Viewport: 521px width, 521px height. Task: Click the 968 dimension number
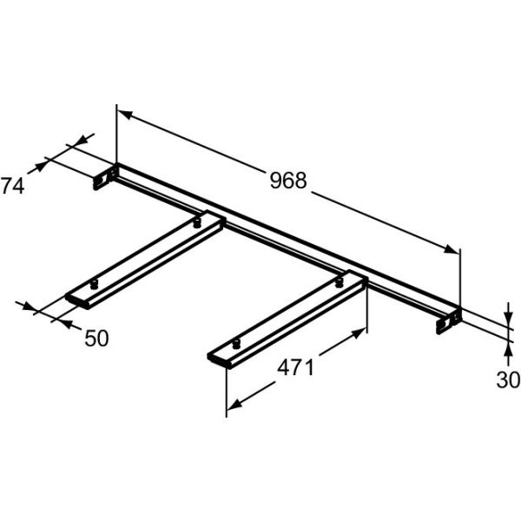pyautogui.click(x=288, y=181)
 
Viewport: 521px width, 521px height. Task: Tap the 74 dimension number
pyautogui.click(x=11, y=185)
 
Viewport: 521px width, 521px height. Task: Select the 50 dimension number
pyautogui.click(x=97, y=337)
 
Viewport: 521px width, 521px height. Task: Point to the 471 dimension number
pyautogui.click(x=295, y=368)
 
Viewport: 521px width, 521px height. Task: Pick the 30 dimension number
pyautogui.click(x=509, y=379)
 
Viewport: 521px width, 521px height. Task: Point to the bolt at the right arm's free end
pyautogui.click(x=234, y=346)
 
